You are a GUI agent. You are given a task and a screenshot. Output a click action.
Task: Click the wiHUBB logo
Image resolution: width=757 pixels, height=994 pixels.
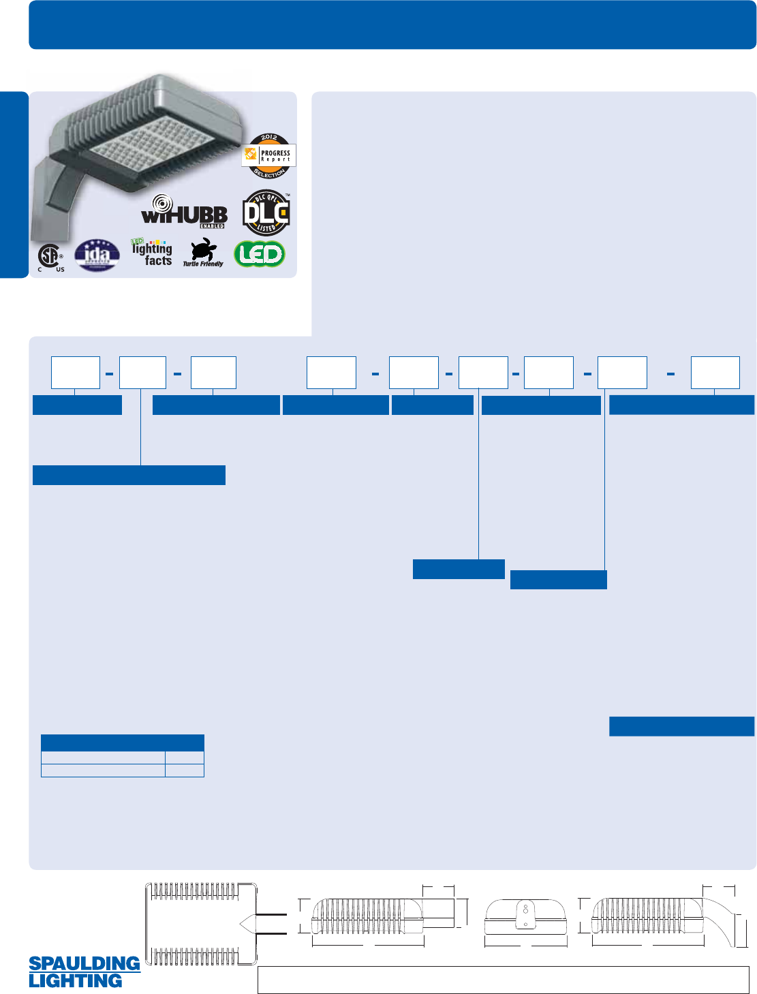tap(184, 213)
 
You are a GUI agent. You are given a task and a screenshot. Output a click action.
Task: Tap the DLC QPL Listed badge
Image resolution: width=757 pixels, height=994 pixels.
tap(266, 213)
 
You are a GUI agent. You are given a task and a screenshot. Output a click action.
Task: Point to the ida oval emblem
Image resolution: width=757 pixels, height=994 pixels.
tap(97, 255)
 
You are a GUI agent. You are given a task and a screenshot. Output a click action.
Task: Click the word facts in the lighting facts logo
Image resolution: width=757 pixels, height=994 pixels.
tap(158, 260)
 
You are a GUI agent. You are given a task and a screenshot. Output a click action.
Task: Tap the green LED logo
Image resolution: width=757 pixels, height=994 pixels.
tap(259, 254)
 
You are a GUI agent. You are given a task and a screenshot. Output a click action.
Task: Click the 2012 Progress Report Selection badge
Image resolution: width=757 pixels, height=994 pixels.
tap(269, 156)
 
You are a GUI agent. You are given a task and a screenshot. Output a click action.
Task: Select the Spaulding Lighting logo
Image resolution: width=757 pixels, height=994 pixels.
tap(84, 972)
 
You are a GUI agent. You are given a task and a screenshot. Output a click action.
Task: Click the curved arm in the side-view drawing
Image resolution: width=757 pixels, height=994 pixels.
tap(724, 916)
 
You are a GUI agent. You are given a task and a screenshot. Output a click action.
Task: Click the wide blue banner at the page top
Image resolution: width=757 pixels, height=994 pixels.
tap(392, 25)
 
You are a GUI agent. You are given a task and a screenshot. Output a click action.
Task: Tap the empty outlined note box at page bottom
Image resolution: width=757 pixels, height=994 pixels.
tap(503, 980)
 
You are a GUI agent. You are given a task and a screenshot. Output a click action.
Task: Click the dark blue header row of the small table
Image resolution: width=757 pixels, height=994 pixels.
tap(123, 743)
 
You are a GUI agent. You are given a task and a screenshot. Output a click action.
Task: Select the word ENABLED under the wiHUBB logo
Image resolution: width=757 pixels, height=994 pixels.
tap(212, 226)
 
